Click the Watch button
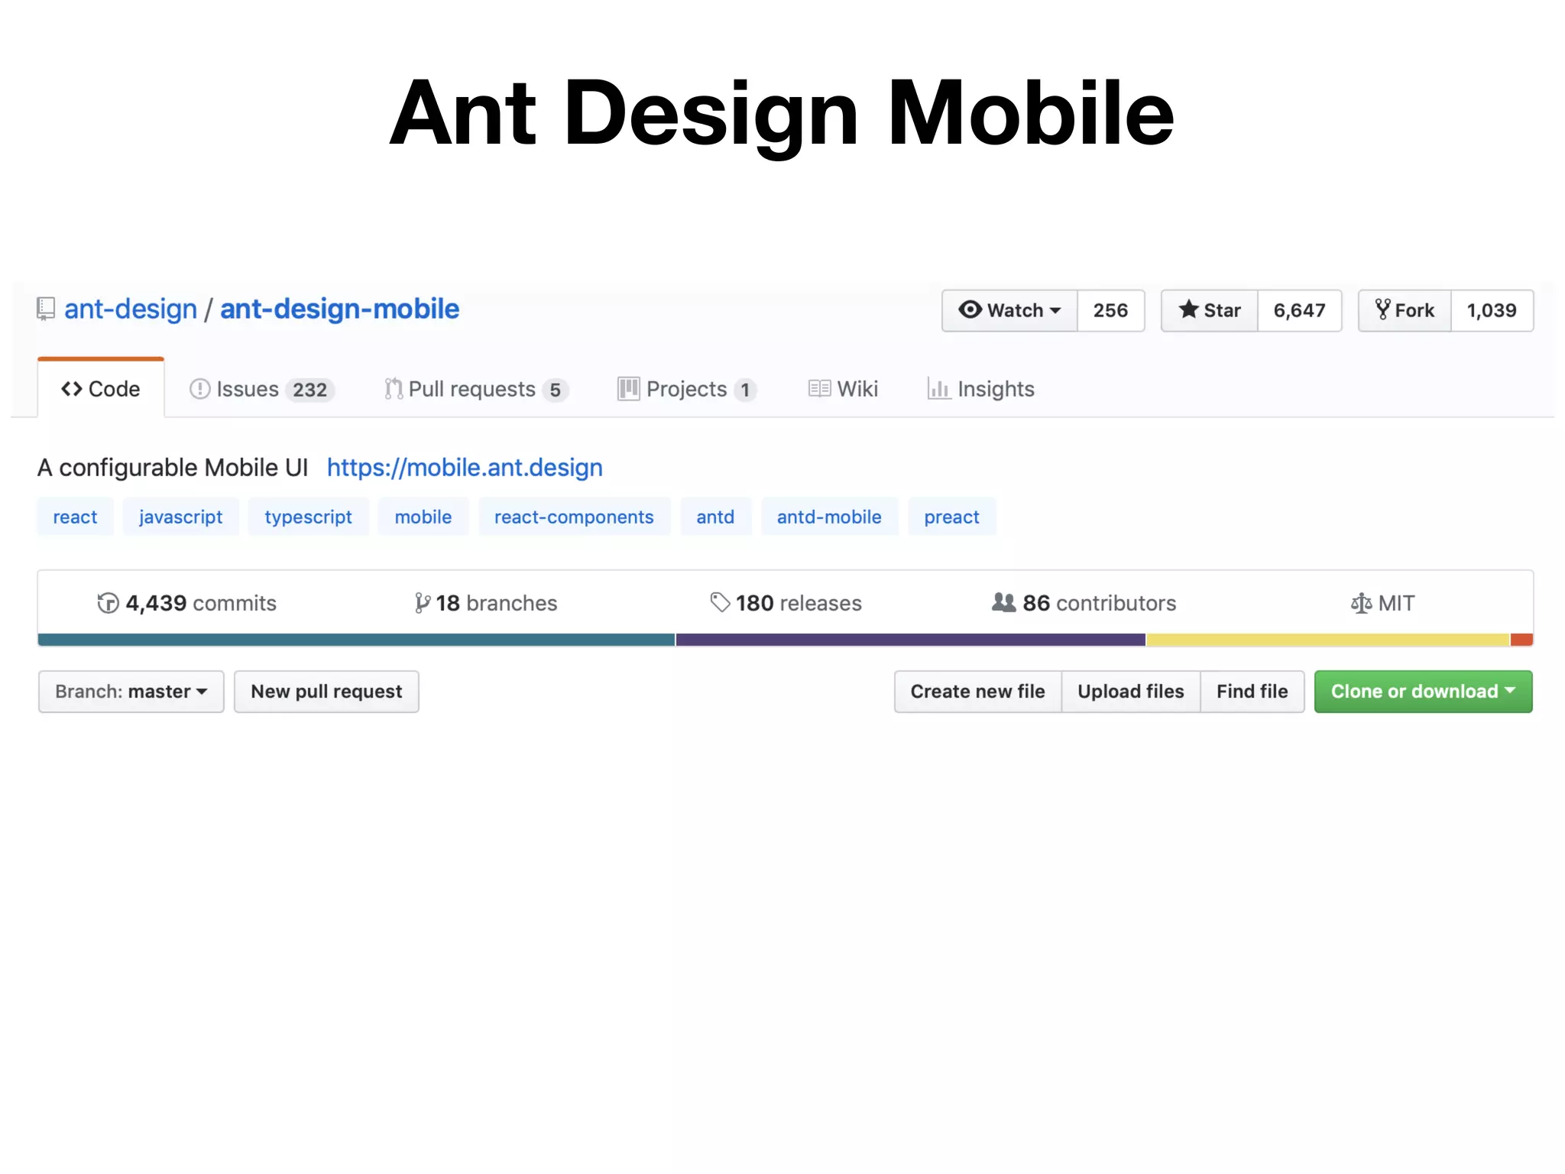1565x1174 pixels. point(1009,310)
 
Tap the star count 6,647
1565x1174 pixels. point(1299,310)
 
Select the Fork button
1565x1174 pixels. point(1405,310)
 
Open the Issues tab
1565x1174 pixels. point(261,389)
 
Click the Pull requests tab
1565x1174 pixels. point(475,389)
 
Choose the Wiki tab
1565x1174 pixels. point(844,389)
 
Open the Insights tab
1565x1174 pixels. point(981,389)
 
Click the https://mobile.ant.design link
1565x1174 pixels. point(465,467)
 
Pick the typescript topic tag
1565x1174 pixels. point(308,517)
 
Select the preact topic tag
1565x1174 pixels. point(951,517)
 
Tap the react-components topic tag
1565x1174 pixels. point(574,517)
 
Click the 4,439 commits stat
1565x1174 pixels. point(187,603)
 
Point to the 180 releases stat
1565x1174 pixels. point(786,603)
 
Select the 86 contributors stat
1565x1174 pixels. point(1084,603)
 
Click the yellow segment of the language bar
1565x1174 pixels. point(1327,640)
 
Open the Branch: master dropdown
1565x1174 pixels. point(131,692)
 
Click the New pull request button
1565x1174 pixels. point(326,692)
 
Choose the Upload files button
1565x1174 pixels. point(1130,692)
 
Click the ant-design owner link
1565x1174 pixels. point(131,309)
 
